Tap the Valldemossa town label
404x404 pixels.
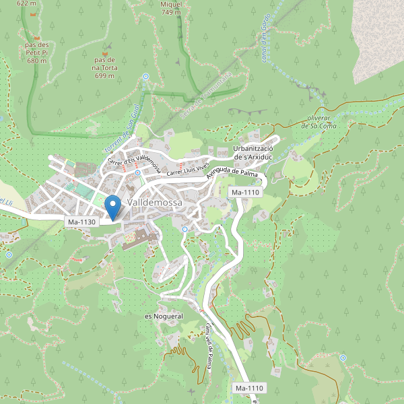(155, 202)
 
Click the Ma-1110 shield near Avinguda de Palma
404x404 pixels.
(245, 193)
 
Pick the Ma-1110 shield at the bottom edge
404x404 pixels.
(249, 389)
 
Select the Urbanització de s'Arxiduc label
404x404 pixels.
(252, 152)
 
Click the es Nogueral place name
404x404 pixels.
(164, 316)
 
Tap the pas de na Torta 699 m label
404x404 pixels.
(104, 67)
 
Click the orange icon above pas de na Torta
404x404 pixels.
(104, 50)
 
